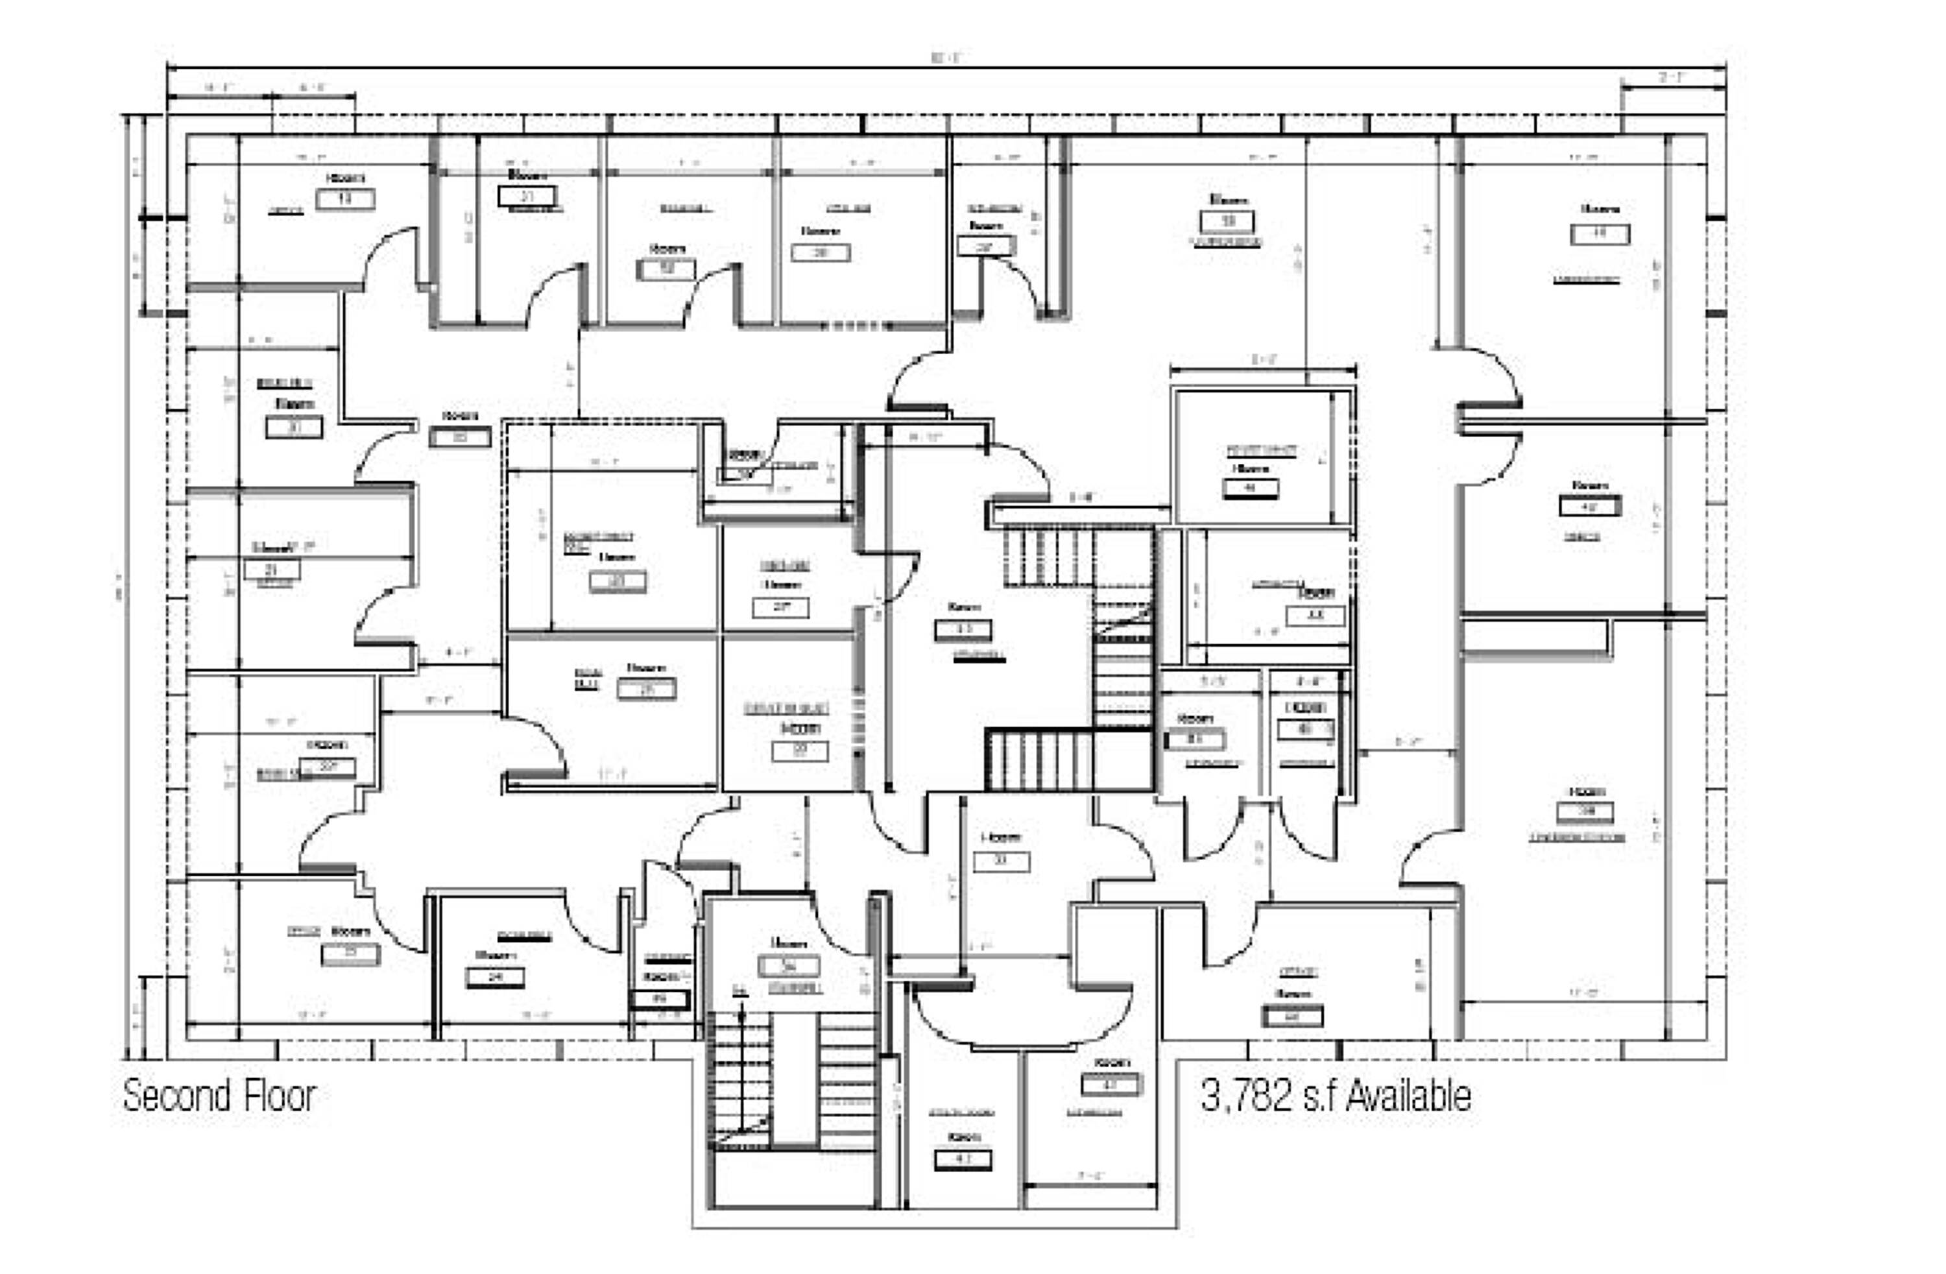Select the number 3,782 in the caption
point(1247,1096)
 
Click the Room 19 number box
point(345,198)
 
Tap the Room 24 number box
point(495,977)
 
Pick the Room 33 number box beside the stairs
point(963,630)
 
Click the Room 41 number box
point(963,1160)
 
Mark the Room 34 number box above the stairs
point(788,966)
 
